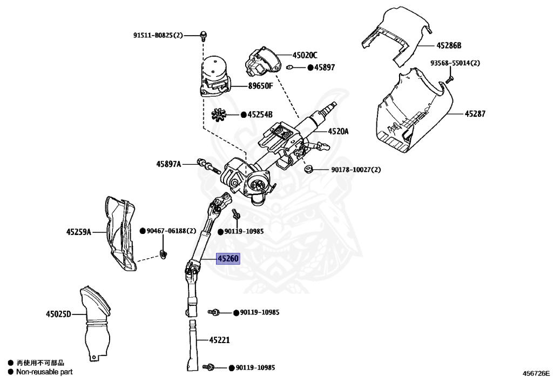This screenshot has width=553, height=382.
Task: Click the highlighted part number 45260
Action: (227, 259)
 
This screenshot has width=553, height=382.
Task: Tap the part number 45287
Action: (475, 114)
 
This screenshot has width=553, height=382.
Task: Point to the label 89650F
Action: (261, 86)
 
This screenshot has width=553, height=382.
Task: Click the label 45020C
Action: (305, 55)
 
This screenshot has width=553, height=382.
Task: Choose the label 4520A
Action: (339, 131)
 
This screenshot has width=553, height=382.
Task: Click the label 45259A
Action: (78, 232)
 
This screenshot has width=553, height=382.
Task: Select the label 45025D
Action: (58, 313)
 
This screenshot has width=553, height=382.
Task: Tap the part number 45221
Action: (220, 340)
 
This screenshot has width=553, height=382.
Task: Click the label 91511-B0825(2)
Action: (158, 35)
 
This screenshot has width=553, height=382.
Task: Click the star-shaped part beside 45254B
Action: (220, 115)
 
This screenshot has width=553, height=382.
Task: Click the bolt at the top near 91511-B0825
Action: (204, 36)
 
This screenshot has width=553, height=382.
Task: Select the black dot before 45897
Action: (311, 68)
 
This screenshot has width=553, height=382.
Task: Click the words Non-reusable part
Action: (44, 372)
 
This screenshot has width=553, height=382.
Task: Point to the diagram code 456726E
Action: (535, 373)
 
